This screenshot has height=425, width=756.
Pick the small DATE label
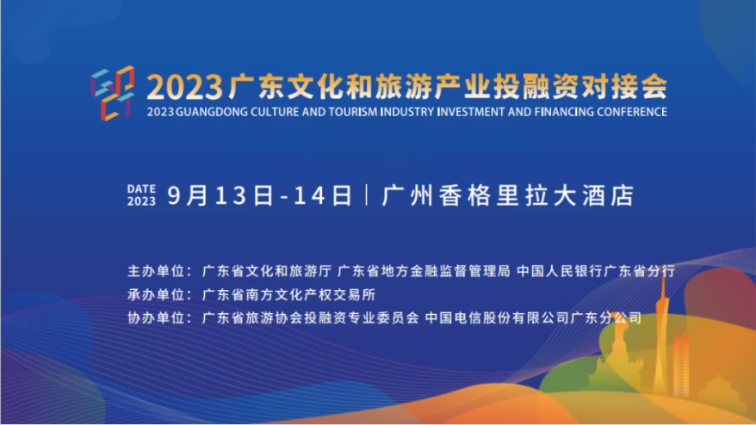tap(141, 188)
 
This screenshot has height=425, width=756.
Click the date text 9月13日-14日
tap(260, 195)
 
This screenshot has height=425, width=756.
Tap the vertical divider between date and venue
tap(368, 195)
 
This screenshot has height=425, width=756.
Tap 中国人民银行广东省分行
tap(596, 270)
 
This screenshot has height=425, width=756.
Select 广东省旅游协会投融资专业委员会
tap(311, 317)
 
